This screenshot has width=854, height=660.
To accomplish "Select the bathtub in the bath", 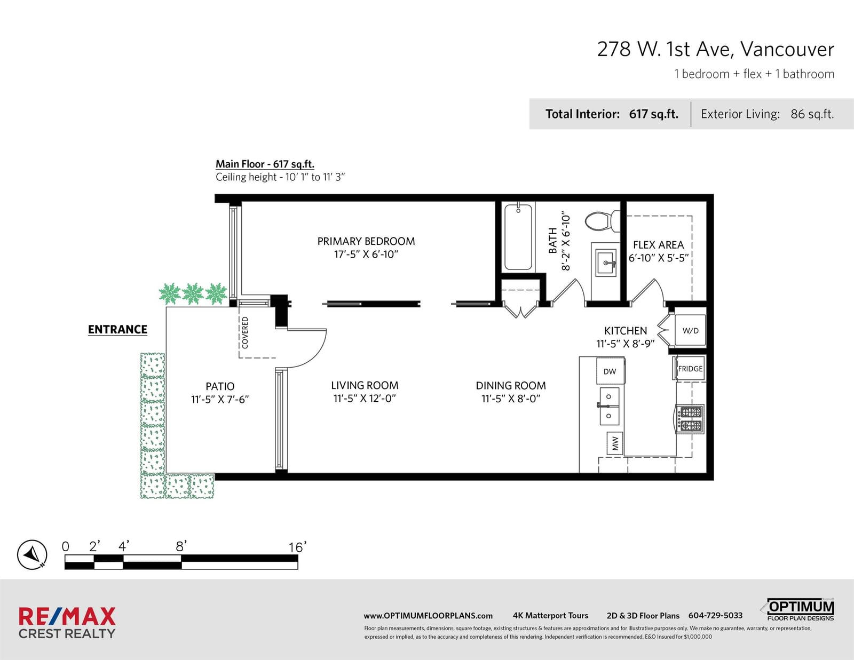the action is point(518,236).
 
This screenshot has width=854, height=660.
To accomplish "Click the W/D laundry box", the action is point(691,330).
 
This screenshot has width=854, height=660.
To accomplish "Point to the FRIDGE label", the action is point(690,369).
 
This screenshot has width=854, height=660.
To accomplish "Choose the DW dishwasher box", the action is point(610,370).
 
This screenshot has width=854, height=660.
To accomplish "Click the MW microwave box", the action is point(615,443).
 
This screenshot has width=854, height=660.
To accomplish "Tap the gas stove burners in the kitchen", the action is point(691,419).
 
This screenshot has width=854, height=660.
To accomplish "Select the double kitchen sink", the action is point(609,406).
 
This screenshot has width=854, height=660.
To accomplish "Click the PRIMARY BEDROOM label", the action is point(366,241).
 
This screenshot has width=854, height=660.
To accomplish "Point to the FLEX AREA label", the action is point(658,245).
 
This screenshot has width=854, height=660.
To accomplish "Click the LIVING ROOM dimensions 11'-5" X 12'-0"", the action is point(365,399).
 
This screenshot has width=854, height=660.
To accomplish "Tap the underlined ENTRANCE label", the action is point(117,330).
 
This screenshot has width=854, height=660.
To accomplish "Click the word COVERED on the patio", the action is point(245,333).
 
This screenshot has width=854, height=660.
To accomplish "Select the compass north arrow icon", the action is point(32,554).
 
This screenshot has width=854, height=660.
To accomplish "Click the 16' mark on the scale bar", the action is point(297,547).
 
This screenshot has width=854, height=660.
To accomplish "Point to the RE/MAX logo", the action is point(67,623).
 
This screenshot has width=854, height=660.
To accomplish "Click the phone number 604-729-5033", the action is point(715,615).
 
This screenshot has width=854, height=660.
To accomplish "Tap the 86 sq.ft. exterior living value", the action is point(812,114).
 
